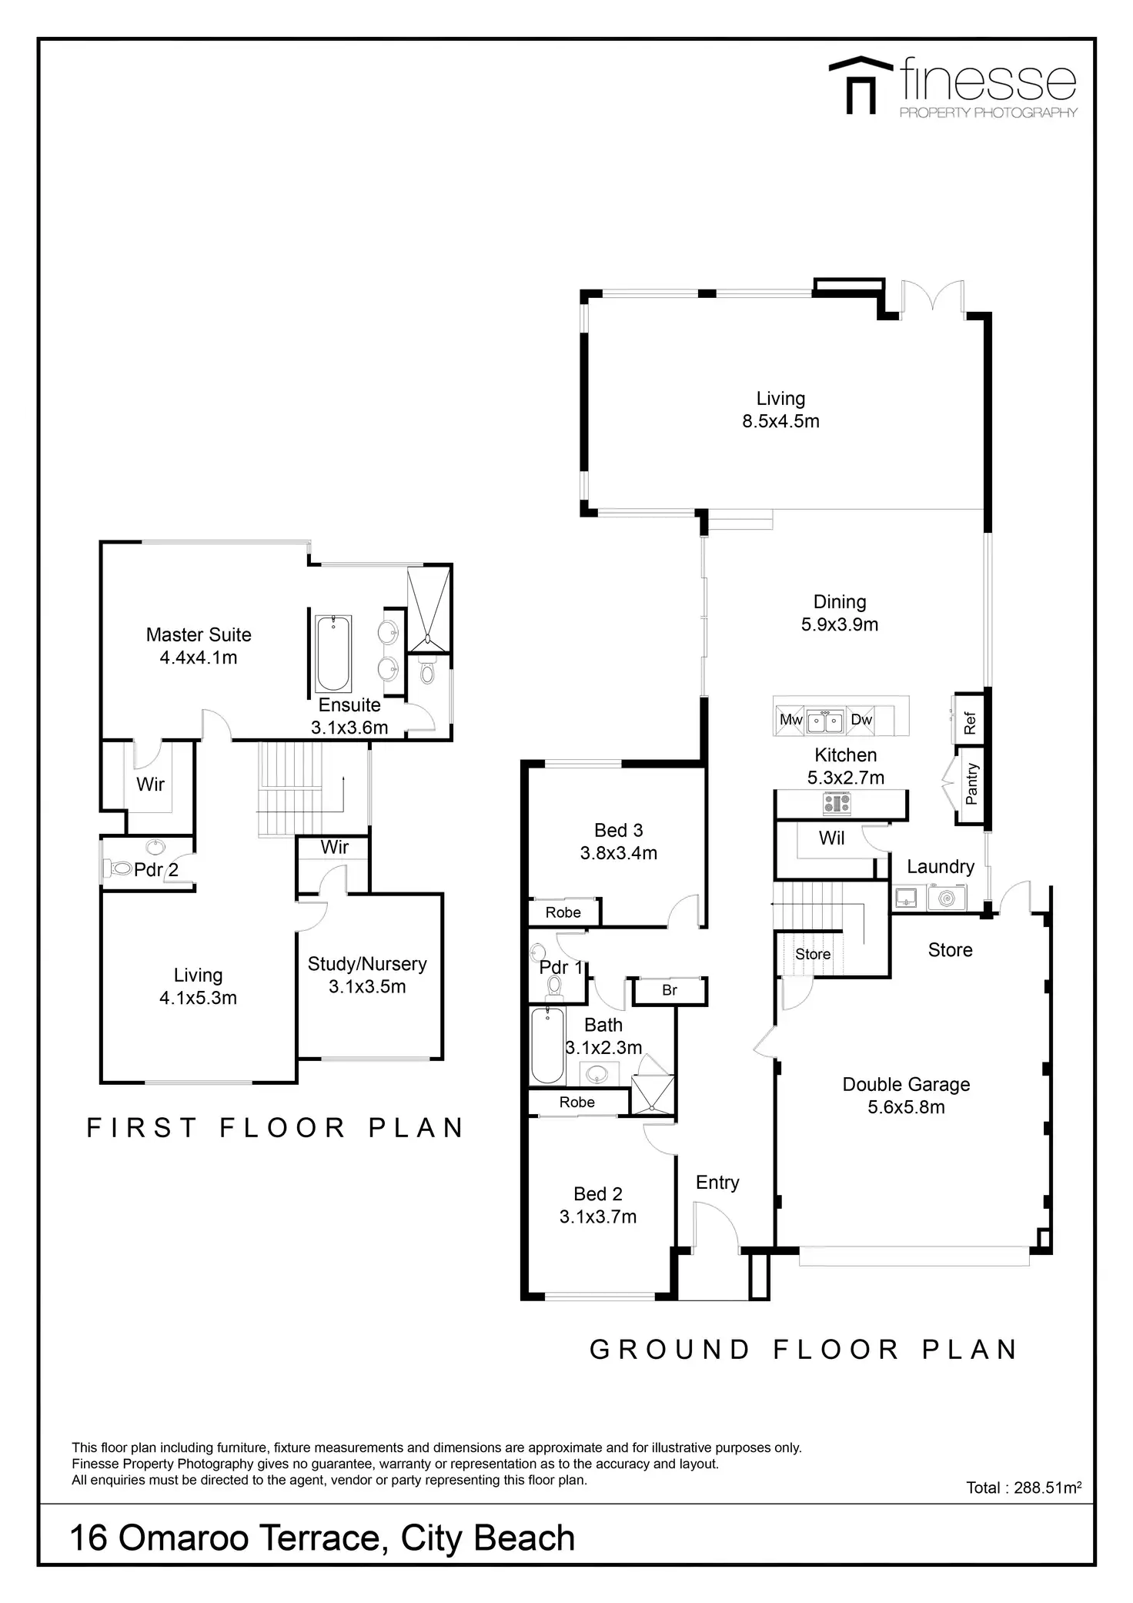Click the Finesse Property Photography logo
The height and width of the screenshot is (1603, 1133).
tap(953, 87)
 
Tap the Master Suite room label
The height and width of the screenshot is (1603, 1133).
tap(199, 635)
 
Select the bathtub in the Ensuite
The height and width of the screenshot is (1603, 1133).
tap(333, 653)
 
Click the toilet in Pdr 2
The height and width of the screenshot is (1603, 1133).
tap(120, 868)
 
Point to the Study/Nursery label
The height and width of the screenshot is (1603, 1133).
tap(367, 964)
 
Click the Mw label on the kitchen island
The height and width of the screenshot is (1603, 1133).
tap(791, 720)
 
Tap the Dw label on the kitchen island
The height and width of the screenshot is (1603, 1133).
tap(861, 720)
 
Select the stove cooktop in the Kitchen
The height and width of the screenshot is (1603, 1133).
tap(837, 804)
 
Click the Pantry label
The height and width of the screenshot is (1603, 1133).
tap(971, 784)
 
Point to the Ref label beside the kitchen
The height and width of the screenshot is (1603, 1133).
tap(970, 723)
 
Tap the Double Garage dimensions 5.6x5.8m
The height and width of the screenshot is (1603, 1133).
tap(906, 1107)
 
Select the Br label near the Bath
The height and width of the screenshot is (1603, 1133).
tap(670, 990)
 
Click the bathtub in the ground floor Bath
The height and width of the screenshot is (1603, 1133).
tap(548, 1046)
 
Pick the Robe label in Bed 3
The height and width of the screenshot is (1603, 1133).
tap(563, 912)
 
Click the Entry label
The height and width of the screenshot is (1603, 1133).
tap(717, 1183)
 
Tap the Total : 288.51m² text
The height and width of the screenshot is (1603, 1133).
tap(1024, 1488)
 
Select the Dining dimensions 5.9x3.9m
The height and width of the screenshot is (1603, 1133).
tap(840, 624)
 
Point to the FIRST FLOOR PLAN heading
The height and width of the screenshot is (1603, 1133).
tap(275, 1128)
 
